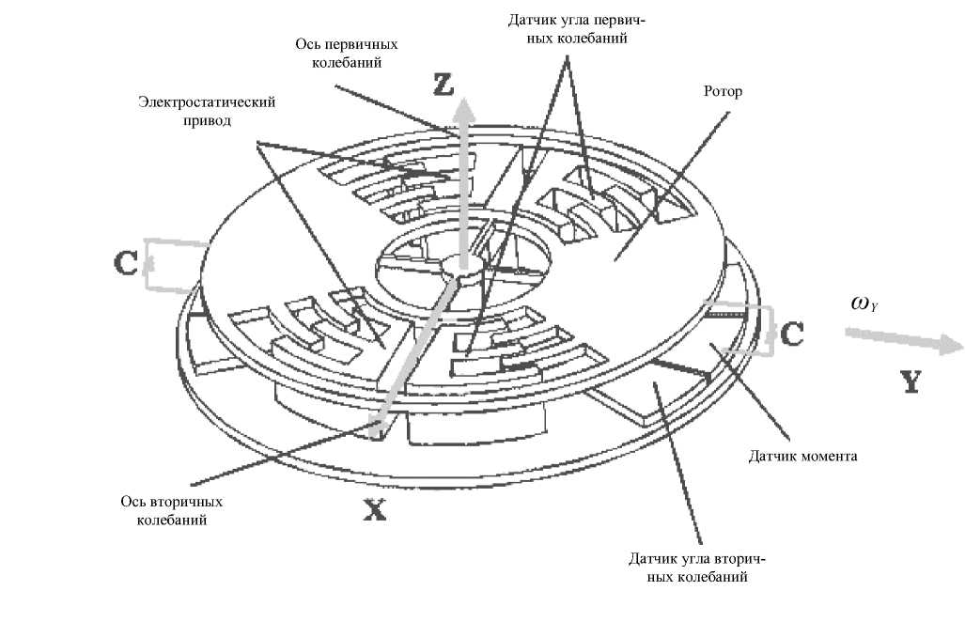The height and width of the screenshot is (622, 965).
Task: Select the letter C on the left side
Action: point(127,262)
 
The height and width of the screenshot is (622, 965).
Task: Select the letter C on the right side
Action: point(791,334)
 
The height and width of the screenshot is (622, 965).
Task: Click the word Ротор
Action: point(723,92)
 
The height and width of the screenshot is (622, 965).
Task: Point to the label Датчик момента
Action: point(803,457)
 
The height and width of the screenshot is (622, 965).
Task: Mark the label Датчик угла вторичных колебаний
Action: point(689,568)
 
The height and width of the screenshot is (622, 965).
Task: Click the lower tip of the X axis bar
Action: point(379,429)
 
